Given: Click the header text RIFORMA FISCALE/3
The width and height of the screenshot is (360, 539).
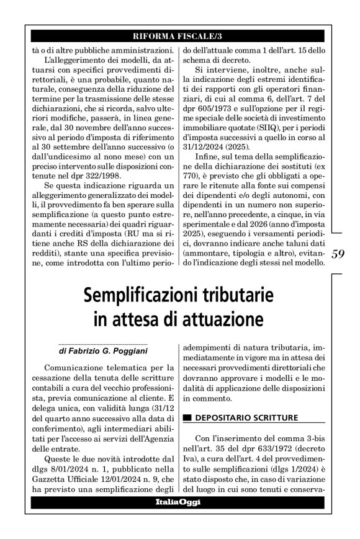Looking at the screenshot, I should click(x=179, y=35).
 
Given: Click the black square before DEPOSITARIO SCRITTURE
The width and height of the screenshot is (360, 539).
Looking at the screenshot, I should click(x=187, y=419).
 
